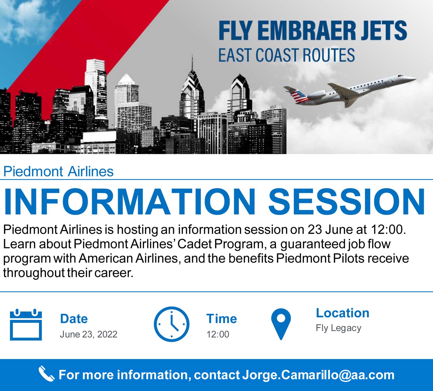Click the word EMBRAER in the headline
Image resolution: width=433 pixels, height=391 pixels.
(307, 30)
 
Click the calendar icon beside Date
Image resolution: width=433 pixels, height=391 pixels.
(26, 324)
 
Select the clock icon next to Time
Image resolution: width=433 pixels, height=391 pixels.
(171, 324)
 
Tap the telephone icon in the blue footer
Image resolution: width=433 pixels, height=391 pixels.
(46, 374)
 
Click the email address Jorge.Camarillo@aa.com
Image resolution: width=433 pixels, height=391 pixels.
(318, 375)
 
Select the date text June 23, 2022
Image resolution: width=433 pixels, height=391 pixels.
(89, 334)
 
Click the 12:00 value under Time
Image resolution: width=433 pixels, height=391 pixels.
(218, 334)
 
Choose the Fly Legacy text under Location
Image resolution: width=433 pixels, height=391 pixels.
(338, 328)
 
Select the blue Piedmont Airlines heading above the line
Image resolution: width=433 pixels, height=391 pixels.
(58, 172)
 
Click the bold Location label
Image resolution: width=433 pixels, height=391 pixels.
(343, 313)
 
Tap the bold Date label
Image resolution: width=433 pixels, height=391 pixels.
(74, 319)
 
